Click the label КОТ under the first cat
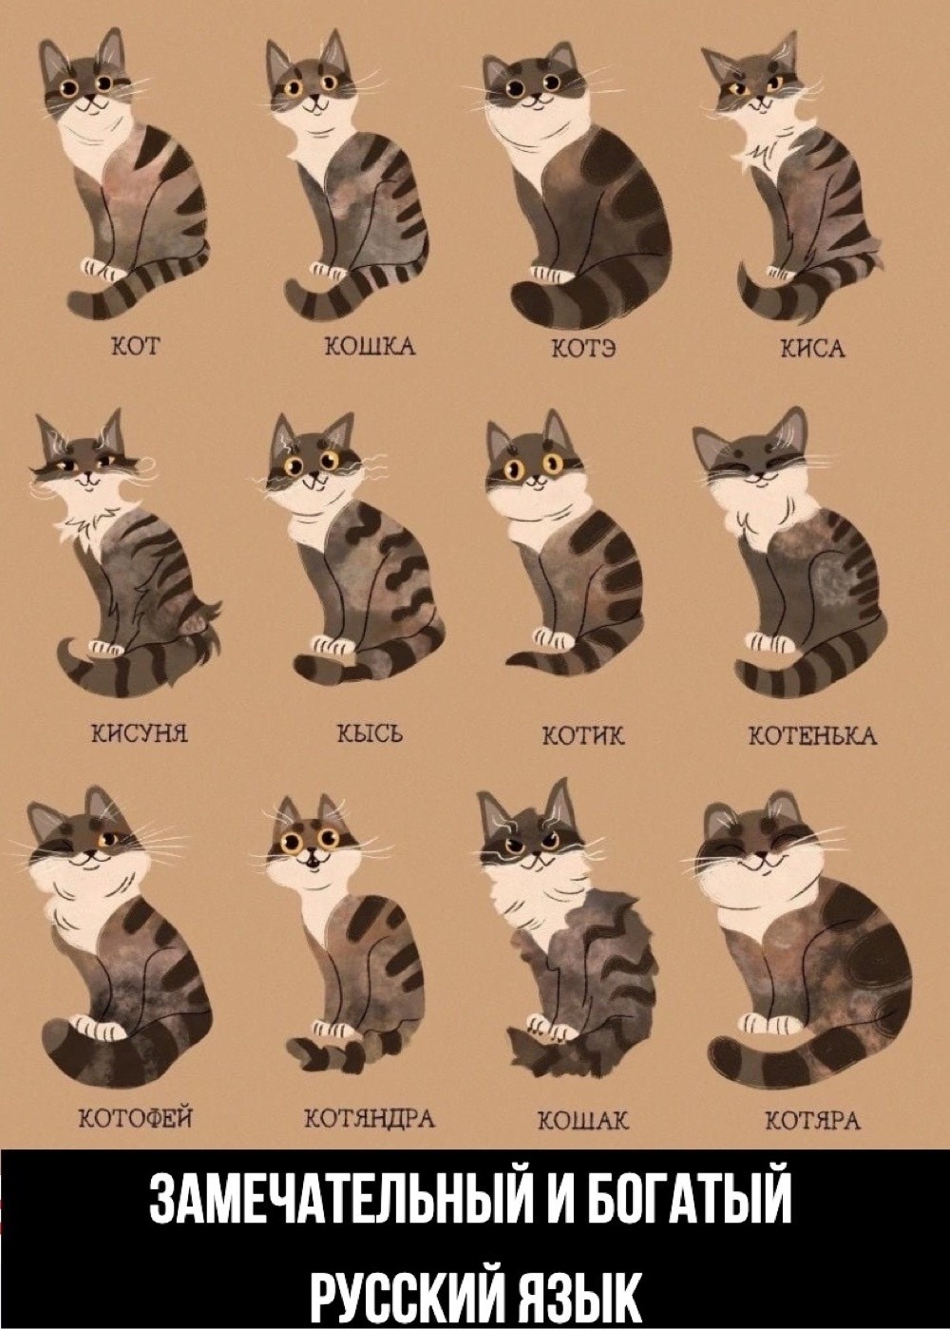point(137,346)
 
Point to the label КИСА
point(813,348)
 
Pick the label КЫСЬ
point(370,735)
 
